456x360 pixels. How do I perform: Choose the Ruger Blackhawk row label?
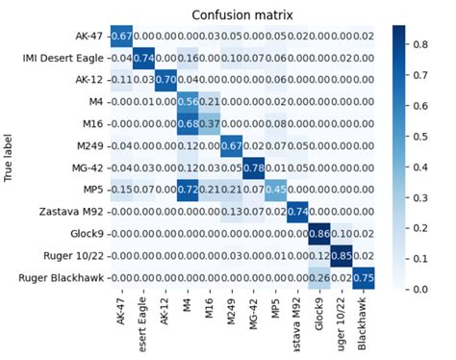66,277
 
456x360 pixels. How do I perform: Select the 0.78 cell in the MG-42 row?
254,167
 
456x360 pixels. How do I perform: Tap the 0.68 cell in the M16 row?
188,123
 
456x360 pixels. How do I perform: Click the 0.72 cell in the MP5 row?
188,189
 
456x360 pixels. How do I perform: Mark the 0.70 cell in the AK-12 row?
165,80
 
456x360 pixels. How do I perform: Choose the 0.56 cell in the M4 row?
188,102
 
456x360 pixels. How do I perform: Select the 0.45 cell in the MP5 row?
276,189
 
